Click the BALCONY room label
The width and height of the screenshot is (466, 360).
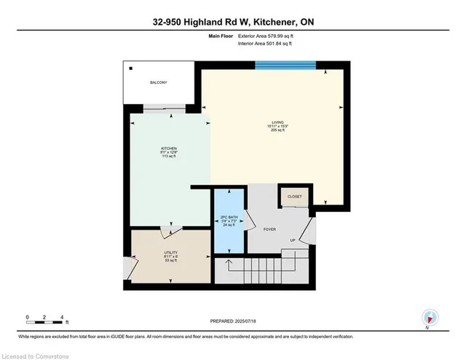tap(159, 82)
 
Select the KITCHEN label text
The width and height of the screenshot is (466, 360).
tap(169, 148)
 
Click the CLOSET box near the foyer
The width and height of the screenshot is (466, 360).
tap(295, 196)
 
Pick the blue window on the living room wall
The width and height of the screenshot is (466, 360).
tap(285, 65)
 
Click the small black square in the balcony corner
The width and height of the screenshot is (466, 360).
tap(132, 69)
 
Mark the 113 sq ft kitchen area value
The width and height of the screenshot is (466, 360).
tap(169, 158)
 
